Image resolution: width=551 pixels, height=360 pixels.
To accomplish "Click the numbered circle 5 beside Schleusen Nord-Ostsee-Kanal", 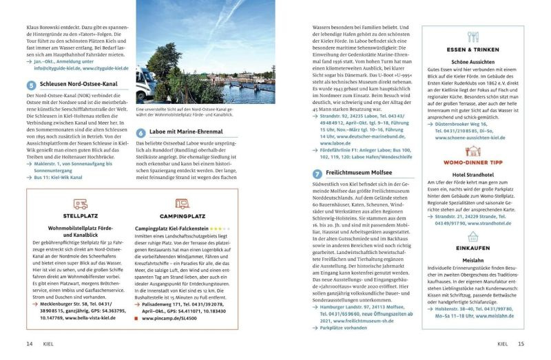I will coord(31,85).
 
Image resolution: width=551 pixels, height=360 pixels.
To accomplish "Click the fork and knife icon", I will coord(472,37).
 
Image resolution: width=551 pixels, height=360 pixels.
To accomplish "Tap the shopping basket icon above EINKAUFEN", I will coord(473,233).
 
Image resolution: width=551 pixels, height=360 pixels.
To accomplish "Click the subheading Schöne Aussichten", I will coord(472,62).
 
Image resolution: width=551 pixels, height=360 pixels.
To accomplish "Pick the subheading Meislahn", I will coord(472,260).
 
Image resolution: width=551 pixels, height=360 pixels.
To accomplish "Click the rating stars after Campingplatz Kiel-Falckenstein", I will coord(220,227).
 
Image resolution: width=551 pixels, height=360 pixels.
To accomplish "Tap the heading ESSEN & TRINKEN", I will coord(472,50).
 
